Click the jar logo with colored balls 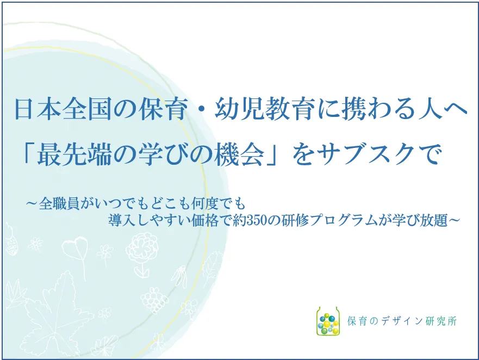(328, 321)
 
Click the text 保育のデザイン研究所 (402, 321)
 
